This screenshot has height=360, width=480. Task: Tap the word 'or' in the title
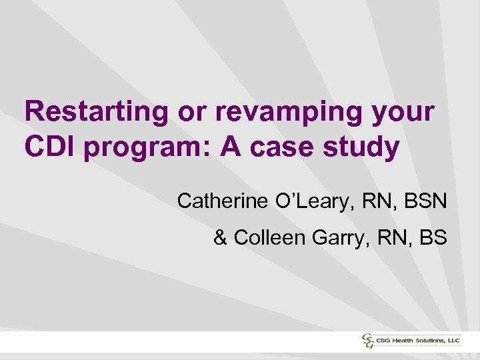193,112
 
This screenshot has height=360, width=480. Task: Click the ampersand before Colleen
221,237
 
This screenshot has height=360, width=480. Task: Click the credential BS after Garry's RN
432,237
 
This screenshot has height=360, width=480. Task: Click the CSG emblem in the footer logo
368,341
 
